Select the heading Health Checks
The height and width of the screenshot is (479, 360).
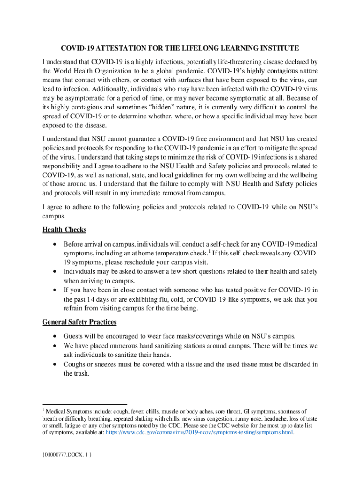click(x=65, y=230)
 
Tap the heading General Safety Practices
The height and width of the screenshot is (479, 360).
click(x=79, y=322)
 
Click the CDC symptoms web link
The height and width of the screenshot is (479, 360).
click(x=200, y=433)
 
